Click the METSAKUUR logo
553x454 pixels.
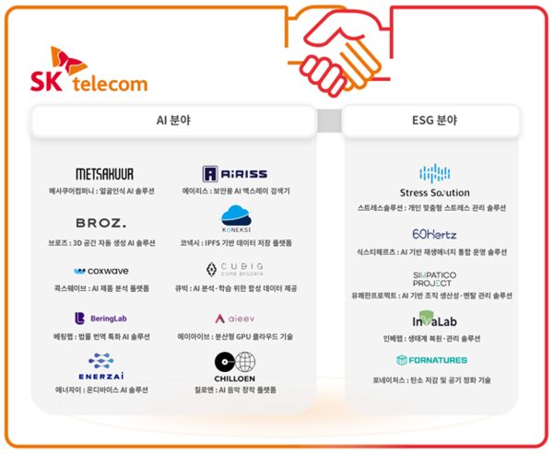pyautogui.click(x=104, y=173)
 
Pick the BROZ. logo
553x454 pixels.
pyautogui.click(x=100, y=223)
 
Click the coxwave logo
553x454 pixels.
pyautogui.click(x=101, y=271)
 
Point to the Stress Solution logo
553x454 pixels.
pyautogui.click(x=434, y=180)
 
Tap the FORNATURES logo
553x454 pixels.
pyautogui.click(x=431, y=360)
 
